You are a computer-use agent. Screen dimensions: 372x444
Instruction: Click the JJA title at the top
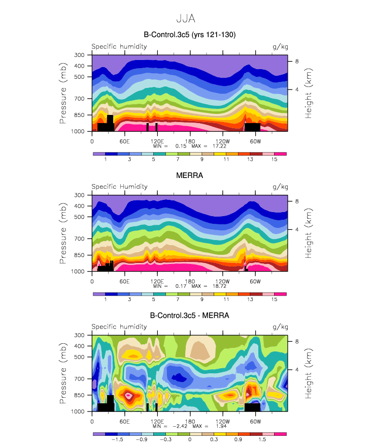[186, 18]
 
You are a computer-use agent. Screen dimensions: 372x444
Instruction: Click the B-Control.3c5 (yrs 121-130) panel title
[189, 35]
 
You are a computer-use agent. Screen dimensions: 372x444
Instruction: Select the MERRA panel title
[189, 175]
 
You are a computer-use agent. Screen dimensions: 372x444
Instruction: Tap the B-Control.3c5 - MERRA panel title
[189, 315]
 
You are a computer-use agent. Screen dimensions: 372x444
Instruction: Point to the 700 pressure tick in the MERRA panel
[79, 239]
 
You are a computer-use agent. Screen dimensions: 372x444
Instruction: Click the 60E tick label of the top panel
[124, 141]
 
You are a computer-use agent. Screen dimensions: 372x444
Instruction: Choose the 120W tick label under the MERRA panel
[223, 281]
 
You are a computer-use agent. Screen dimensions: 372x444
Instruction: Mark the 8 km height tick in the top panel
[297, 61]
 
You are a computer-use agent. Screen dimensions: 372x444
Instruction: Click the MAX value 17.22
[219, 146]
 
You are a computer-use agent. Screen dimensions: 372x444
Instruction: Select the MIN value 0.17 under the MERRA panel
[181, 286]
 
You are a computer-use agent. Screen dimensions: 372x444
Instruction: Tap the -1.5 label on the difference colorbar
[117, 439]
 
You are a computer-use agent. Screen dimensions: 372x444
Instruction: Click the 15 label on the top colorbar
[274, 159]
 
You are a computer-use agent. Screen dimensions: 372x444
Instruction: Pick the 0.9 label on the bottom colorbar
[238, 439]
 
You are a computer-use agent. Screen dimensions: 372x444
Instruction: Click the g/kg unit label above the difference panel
[280, 327]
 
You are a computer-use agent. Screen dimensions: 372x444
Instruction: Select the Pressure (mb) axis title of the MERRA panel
[63, 233]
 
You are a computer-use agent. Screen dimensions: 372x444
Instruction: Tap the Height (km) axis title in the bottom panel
[308, 373]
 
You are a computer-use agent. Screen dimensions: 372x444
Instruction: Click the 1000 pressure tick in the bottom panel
[78, 411]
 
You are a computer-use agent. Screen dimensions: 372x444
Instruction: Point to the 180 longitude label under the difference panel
[190, 421]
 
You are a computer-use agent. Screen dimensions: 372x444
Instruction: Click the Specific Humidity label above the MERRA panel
[119, 186]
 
